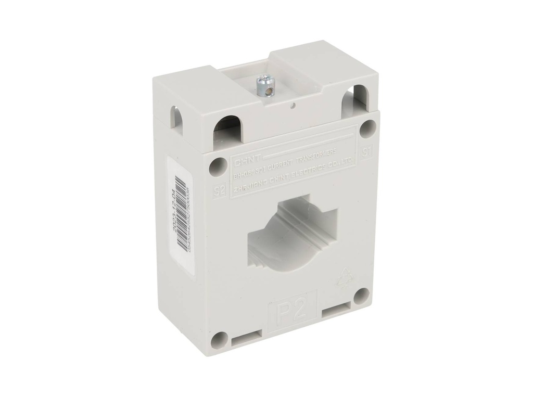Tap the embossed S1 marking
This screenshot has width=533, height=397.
click(x=367, y=152)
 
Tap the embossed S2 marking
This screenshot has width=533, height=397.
click(x=220, y=190)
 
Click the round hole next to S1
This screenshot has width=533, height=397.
click(x=368, y=127)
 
